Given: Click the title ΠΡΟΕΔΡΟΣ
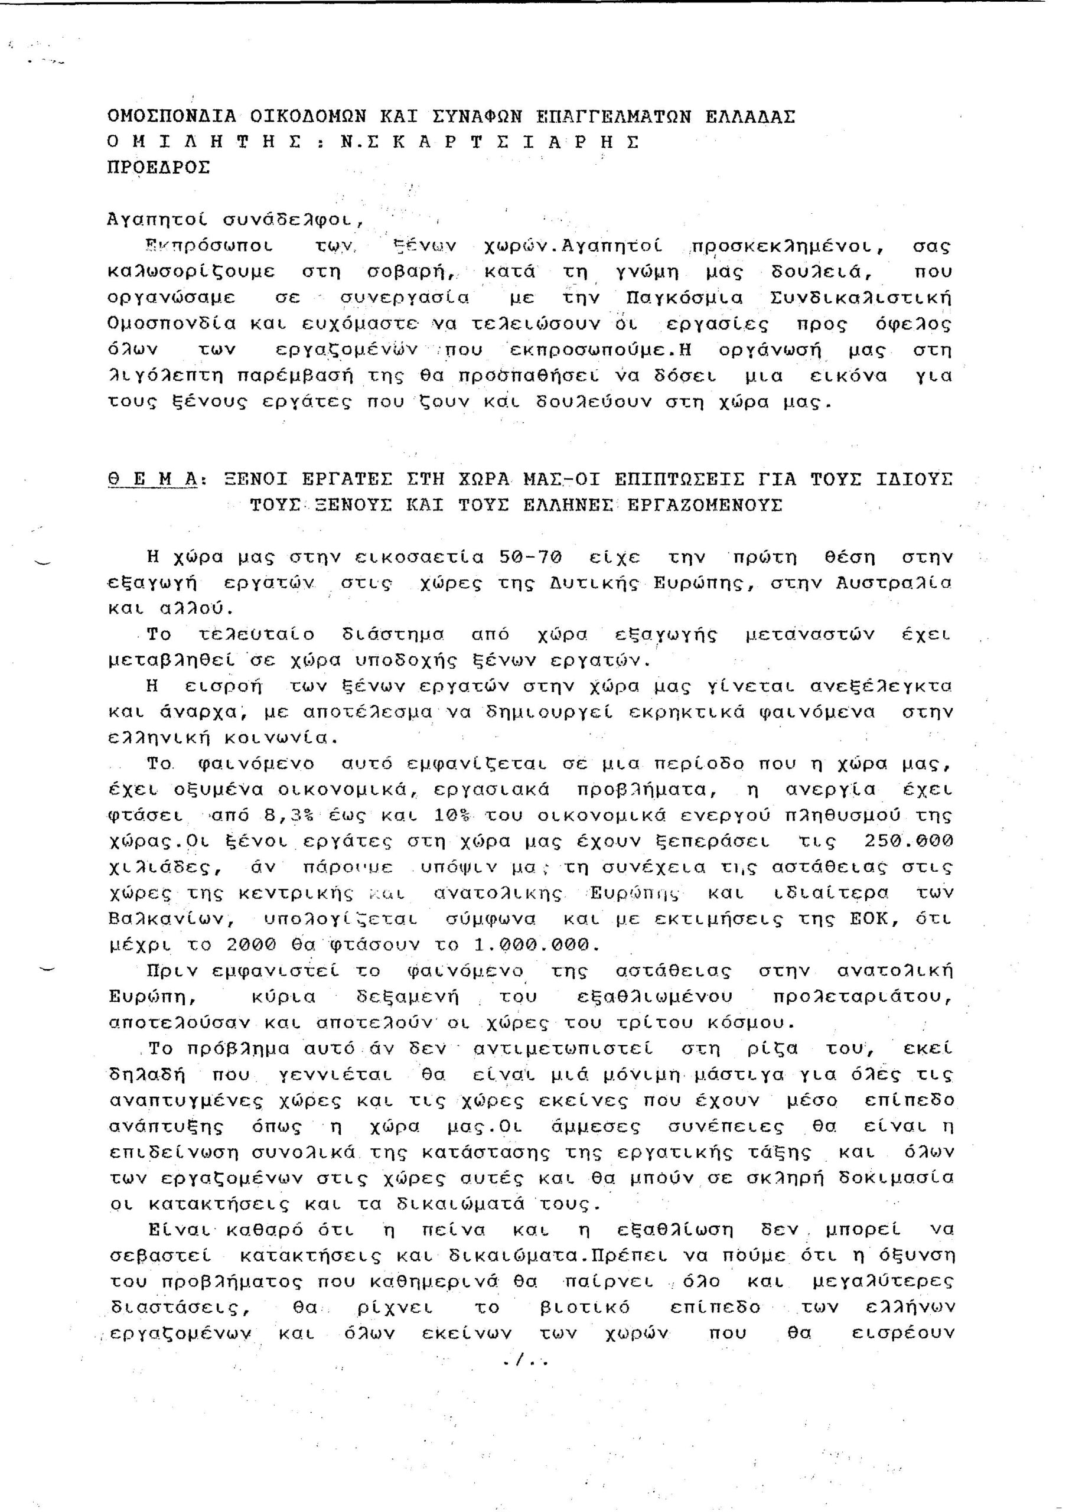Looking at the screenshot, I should coord(159,168).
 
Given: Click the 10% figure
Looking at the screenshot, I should coord(456,816).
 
